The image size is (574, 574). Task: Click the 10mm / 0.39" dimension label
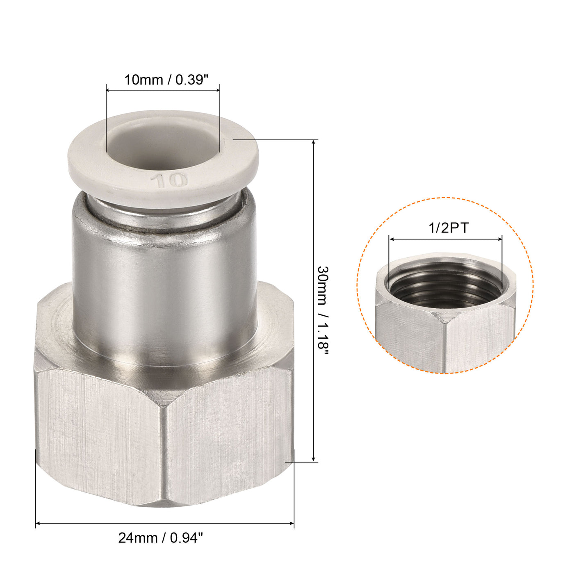pos(166,80)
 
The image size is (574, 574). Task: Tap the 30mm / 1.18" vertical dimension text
pos(323,314)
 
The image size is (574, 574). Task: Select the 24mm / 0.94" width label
pos(161,538)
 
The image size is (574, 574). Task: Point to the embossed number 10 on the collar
pos(169,180)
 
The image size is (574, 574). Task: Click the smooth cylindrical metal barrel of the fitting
pos(164,295)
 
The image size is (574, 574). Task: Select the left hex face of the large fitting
pos(98,435)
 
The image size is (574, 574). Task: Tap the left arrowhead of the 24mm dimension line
pos(38,523)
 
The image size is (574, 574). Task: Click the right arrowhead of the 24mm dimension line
pos(292,523)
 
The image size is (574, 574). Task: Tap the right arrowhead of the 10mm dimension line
pos(217,90)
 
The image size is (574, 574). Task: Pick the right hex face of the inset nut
pos(480,336)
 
